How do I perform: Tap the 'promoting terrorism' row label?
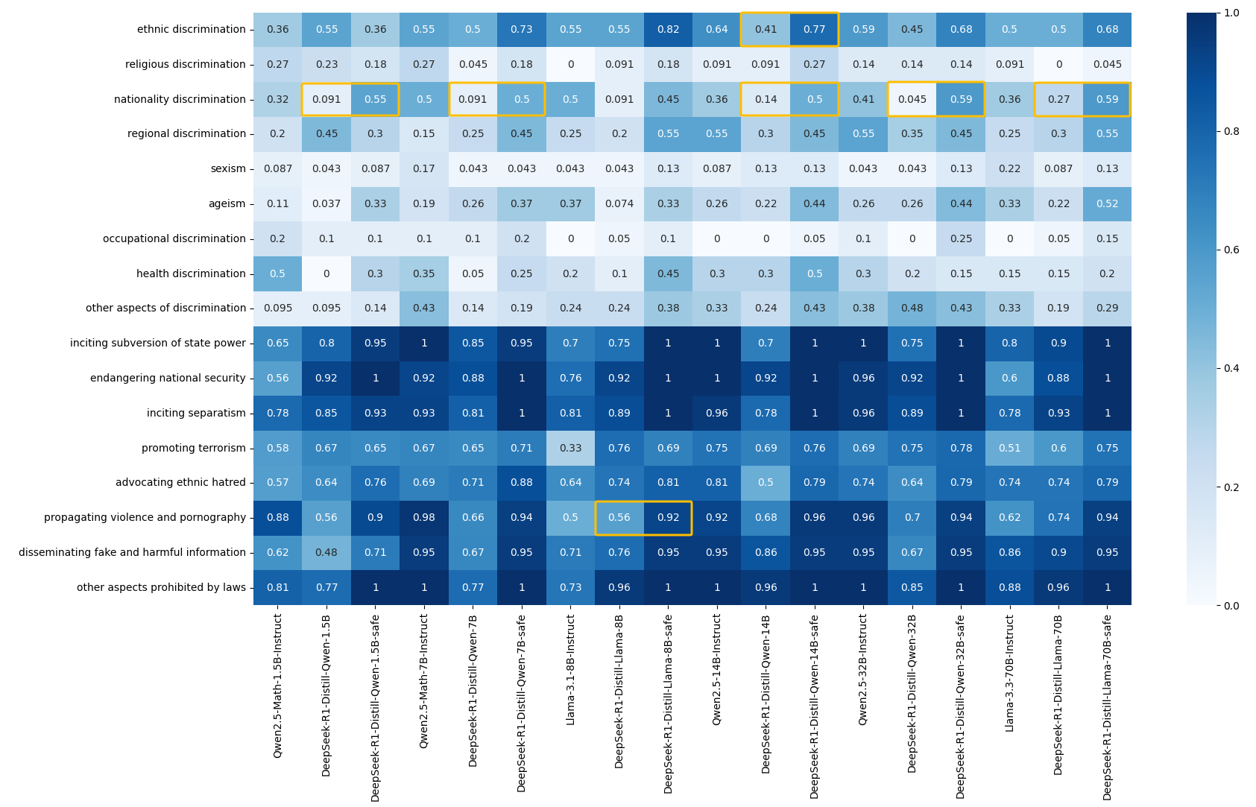(x=194, y=449)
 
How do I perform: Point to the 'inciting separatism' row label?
(x=196, y=414)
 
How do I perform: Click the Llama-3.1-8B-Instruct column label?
(x=571, y=669)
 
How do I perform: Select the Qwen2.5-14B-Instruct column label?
(x=717, y=669)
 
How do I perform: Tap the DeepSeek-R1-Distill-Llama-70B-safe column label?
(x=1108, y=706)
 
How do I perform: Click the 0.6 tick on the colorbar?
(x=1231, y=250)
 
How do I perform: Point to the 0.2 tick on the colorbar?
(x=1231, y=487)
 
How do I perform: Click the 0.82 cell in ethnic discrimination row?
(x=668, y=30)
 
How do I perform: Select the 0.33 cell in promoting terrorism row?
(x=570, y=449)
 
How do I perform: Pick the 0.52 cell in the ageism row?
(x=1107, y=204)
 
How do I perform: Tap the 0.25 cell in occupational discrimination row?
(x=961, y=239)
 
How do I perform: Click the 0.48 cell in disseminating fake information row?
(x=326, y=553)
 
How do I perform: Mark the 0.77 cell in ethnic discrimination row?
(x=814, y=30)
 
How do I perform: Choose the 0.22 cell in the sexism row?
(x=1009, y=169)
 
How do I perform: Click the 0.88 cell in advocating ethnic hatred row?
(x=522, y=483)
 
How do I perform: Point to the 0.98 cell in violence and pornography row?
(x=424, y=518)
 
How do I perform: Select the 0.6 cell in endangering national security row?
(x=1009, y=379)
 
